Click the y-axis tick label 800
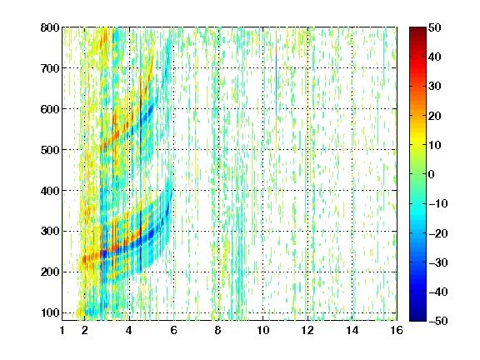click(50, 27)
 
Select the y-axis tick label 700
click(50, 68)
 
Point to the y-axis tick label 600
click(50, 109)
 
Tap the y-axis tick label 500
click(50, 150)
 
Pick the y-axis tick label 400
click(50, 191)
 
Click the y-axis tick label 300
click(50, 231)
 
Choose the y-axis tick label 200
click(50, 272)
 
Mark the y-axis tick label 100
click(50, 312)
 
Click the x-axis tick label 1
click(62, 330)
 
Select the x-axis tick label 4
click(129, 330)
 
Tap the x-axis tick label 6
click(173, 330)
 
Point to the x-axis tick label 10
click(262, 330)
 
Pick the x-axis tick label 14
click(352, 330)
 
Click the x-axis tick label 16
click(397, 330)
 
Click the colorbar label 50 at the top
click(434, 27)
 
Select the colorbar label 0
click(431, 174)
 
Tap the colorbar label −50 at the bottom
click(438, 321)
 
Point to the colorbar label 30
click(434, 87)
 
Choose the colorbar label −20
click(438, 233)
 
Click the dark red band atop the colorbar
click(417, 33)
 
